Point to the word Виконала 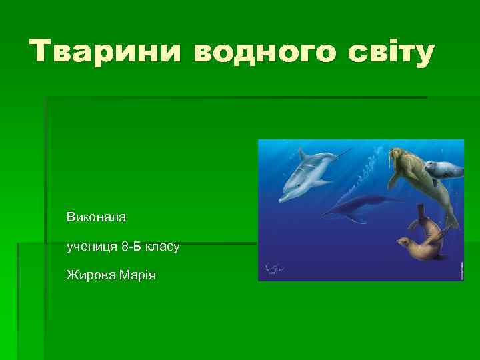tap(96, 217)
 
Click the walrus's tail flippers tap(451, 220)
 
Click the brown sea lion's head tap(404, 243)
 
